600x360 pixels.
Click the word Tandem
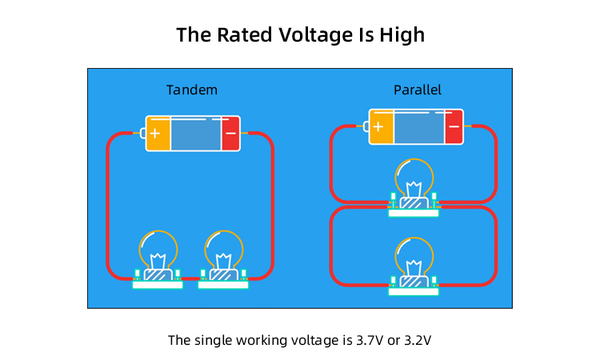click(191, 90)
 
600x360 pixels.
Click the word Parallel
click(417, 90)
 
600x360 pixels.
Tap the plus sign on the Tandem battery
click(156, 134)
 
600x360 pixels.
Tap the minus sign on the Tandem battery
click(230, 134)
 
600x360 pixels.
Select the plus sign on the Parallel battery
click(379, 126)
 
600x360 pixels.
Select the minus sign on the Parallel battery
click(454, 126)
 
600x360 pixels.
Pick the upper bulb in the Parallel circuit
click(414, 179)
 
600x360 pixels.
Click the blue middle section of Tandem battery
click(195, 134)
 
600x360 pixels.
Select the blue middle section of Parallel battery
click(418, 126)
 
